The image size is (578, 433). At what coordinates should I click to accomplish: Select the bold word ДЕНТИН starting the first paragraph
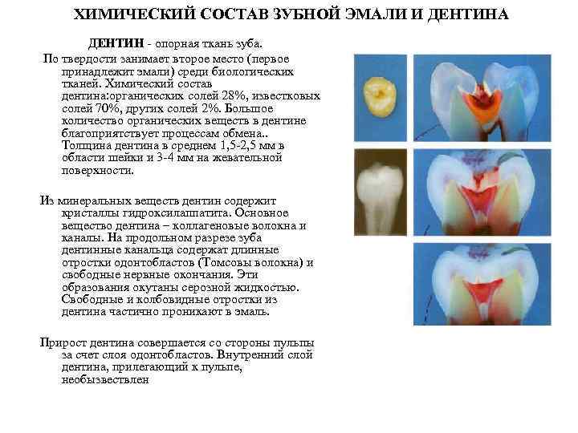[x=111, y=42]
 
